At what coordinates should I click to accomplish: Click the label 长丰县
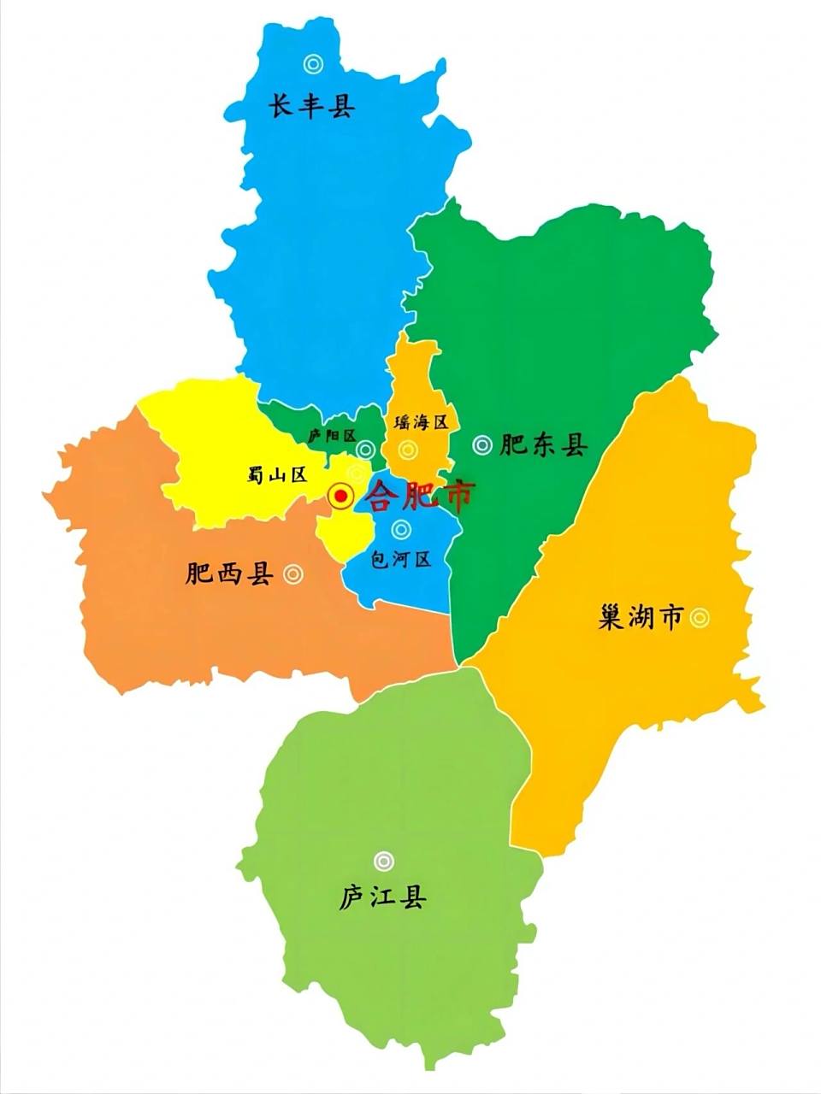tap(312, 107)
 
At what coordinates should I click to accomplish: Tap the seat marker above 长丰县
tap(313, 63)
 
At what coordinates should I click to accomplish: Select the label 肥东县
tap(544, 444)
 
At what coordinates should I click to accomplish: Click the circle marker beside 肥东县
tap(482, 444)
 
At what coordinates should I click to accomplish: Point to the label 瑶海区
tap(421, 422)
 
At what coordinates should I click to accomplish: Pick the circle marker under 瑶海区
tap(407, 449)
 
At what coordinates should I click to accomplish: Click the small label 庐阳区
tap(332, 435)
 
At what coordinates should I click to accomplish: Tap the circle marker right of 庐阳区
tap(365, 449)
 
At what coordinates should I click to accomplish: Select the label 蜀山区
tap(276, 475)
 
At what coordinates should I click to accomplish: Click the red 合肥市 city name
tap(419, 496)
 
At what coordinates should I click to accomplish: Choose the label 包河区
tap(400, 560)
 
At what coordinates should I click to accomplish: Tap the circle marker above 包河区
tap(399, 530)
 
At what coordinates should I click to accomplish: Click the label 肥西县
tap(229, 574)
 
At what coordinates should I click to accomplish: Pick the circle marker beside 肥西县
tap(292, 574)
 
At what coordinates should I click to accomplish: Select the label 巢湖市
tap(641, 617)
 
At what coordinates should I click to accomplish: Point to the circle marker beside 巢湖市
tap(700, 617)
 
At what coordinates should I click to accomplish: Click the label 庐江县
tap(382, 897)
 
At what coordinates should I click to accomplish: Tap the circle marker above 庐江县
tap(383, 861)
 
